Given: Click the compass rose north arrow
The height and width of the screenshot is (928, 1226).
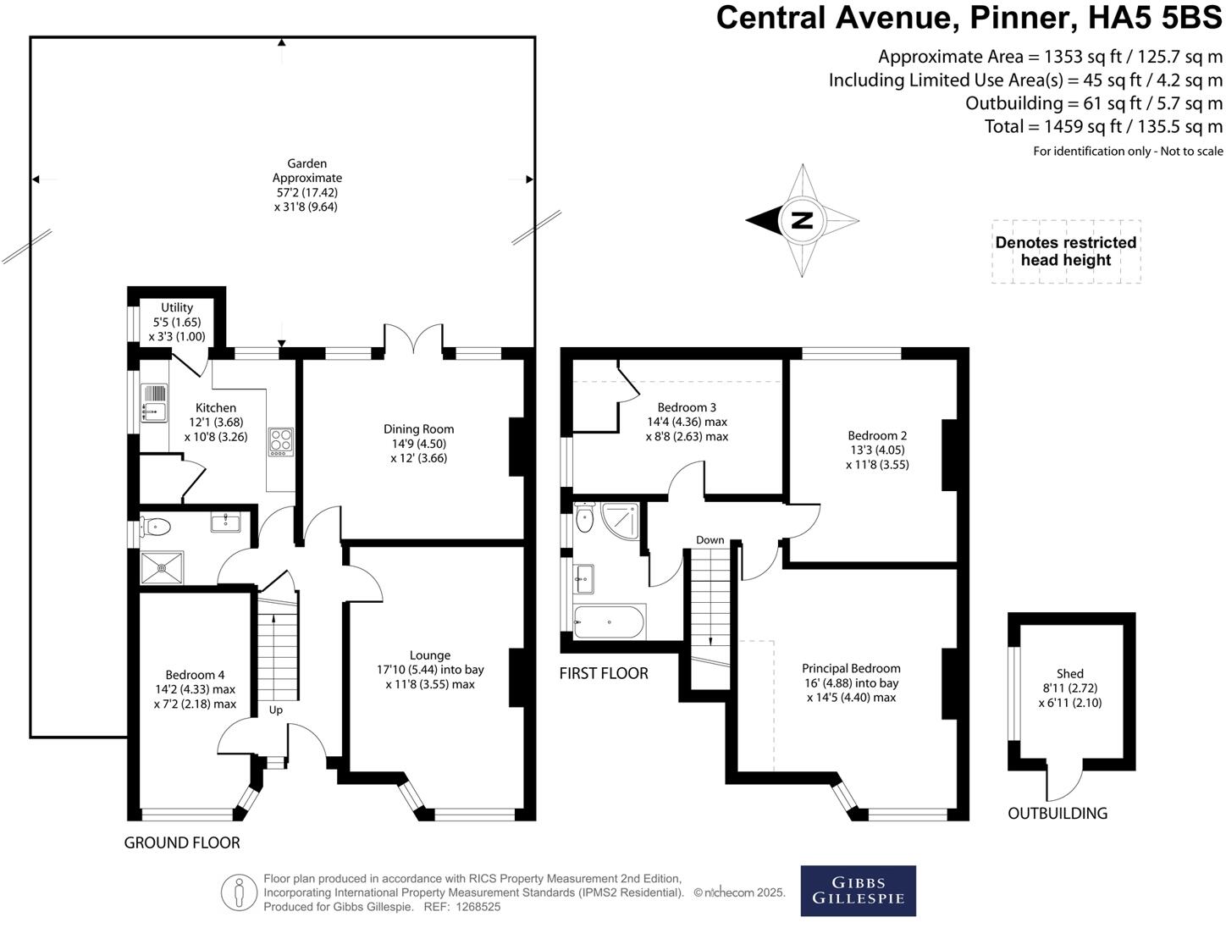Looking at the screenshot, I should [x=801, y=220].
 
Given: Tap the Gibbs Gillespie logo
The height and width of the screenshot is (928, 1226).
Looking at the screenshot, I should [x=858, y=890].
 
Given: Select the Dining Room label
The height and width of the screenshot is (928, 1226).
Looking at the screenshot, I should [x=418, y=429].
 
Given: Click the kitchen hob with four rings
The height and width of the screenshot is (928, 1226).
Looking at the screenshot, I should [x=280, y=442].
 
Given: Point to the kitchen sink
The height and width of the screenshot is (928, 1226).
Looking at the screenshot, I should [x=155, y=403].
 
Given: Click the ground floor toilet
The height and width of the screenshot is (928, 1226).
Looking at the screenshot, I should [x=157, y=528].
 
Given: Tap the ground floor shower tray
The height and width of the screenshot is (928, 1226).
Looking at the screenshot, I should [x=162, y=567].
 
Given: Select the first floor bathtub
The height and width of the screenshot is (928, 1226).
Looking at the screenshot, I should [x=609, y=622].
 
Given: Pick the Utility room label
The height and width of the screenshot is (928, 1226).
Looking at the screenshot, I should [x=177, y=307].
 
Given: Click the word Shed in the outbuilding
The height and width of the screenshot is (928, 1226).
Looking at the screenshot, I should [x=1069, y=673].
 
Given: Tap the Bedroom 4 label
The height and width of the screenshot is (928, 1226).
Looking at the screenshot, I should [x=195, y=675].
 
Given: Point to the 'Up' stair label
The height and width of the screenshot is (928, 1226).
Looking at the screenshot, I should [x=275, y=710].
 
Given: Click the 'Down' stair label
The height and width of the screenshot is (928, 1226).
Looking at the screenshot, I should [x=710, y=540].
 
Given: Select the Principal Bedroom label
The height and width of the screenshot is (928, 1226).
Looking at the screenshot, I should [x=851, y=668].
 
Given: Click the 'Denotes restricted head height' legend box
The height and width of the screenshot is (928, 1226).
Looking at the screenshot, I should [x=1065, y=251].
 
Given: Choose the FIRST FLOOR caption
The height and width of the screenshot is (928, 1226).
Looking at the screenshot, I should [x=603, y=673].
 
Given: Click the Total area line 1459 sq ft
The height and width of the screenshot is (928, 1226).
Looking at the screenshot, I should [x=1102, y=126].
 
